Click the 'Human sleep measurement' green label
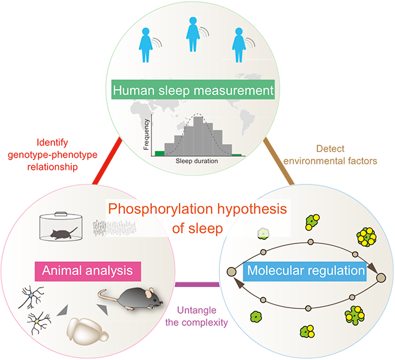[x=193, y=90]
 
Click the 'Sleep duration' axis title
[x=197, y=161]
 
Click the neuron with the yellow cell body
[x=38, y=319]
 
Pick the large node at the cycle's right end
[x=380, y=277]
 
